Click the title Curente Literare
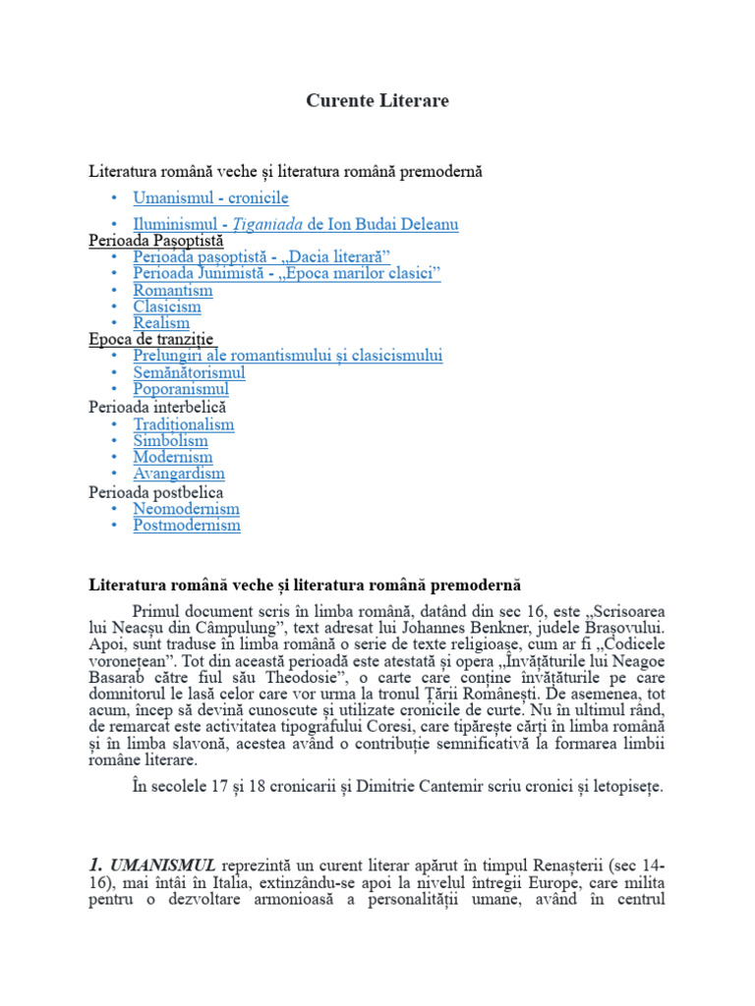click(377, 100)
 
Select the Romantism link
click(173, 290)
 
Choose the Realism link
click(161, 322)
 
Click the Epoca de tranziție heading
click(150, 339)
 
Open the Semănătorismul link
click(190, 372)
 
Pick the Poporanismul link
click(181, 389)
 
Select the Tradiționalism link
click(184, 424)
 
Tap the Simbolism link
click(171, 441)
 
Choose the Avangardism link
click(179, 474)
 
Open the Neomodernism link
click(186, 509)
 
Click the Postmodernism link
click(187, 525)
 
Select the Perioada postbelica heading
click(155, 491)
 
